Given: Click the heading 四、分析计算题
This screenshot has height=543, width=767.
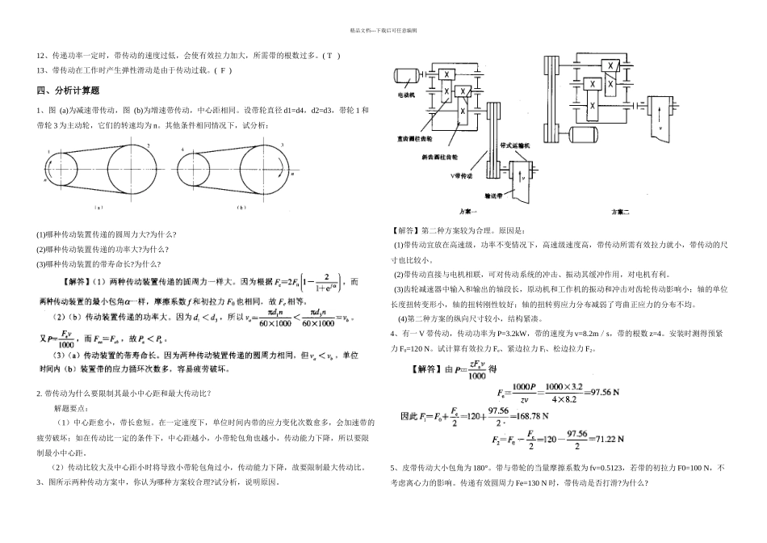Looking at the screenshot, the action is (x=68, y=90).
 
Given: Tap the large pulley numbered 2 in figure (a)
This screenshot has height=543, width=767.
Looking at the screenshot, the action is (x=130, y=170).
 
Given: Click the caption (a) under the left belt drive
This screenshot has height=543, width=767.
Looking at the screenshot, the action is (x=98, y=208).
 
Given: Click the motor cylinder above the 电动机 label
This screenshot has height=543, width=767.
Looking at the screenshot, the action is (x=403, y=78).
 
